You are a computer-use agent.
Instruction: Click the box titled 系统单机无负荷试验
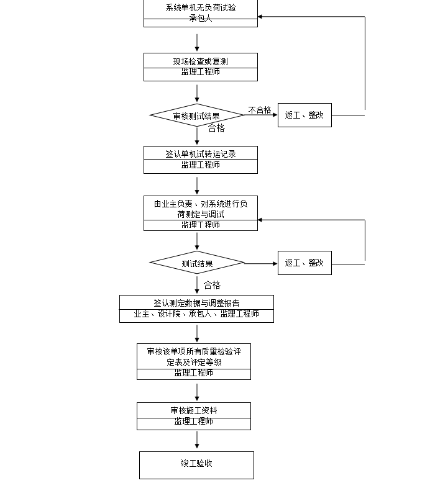tap(200, 9)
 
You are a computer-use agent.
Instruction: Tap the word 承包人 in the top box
tap(200, 19)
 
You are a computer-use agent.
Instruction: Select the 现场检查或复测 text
tap(200, 61)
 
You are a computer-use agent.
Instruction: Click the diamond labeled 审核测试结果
tap(197, 115)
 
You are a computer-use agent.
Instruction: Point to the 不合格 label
tap(260, 110)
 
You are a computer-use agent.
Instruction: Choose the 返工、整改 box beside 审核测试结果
tap(304, 115)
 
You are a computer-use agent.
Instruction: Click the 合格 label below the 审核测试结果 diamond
tap(216, 129)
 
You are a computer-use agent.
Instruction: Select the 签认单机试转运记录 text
tap(200, 154)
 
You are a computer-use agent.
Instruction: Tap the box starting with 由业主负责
tap(200, 209)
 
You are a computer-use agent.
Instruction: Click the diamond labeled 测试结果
tap(197, 263)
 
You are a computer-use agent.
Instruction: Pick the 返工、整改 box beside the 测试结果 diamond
tap(304, 263)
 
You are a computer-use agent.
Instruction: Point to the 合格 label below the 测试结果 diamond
tap(212, 286)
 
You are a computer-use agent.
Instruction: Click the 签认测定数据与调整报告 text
tap(196, 303)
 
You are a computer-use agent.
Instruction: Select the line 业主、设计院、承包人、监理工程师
tap(196, 314)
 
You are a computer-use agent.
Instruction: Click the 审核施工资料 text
tap(193, 410)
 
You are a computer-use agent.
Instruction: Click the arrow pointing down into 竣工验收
tap(197, 440)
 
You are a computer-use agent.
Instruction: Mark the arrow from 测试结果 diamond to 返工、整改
tap(261, 263)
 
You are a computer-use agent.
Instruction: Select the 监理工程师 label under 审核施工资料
tap(193, 422)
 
